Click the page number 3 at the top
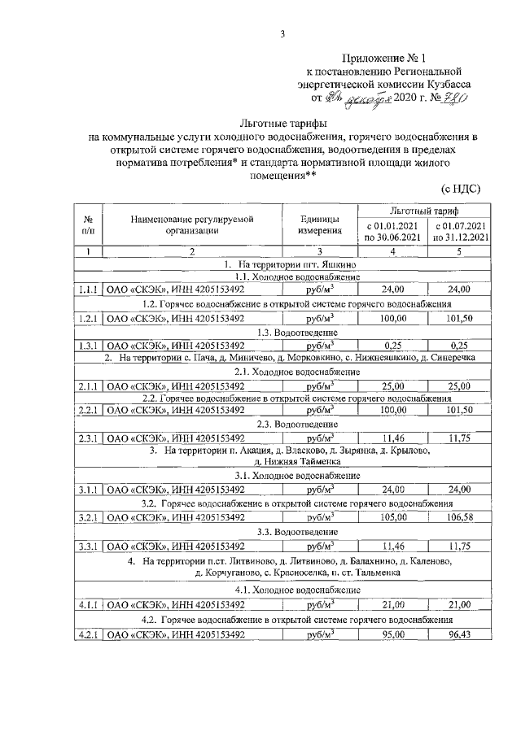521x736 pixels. pyautogui.click(x=282, y=33)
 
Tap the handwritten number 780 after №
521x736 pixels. pyautogui.click(x=453, y=98)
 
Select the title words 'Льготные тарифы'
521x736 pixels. pyautogui.click(x=282, y=123)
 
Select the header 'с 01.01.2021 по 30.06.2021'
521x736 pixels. pyautogui.click(x=394, y=231)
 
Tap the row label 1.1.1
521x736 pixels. pyautogui.click(x=87, y=289)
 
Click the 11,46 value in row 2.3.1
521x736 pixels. pyautogui.click(x=394, y=437)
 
